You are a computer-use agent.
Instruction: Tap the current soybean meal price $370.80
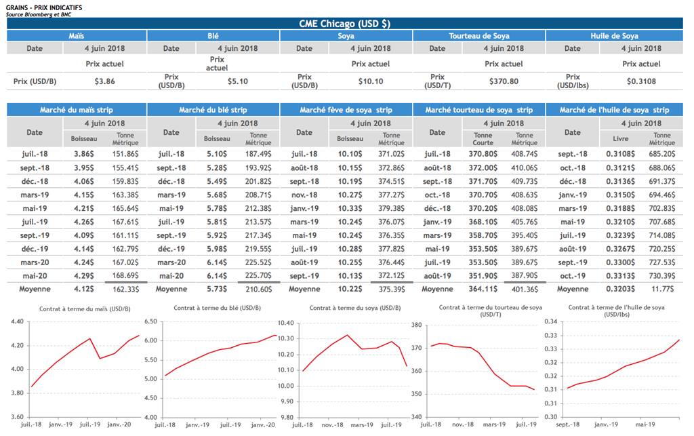click(x=503, y=81)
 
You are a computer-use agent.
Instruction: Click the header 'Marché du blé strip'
click(x=213, y=110)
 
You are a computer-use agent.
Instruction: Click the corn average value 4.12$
click(x=84, y=289)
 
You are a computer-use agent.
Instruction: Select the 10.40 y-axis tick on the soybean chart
click(x=287, y=322)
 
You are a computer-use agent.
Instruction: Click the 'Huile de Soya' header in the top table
click(x=614, y=36)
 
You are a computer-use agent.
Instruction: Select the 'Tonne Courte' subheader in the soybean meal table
click(x=483, y=139)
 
